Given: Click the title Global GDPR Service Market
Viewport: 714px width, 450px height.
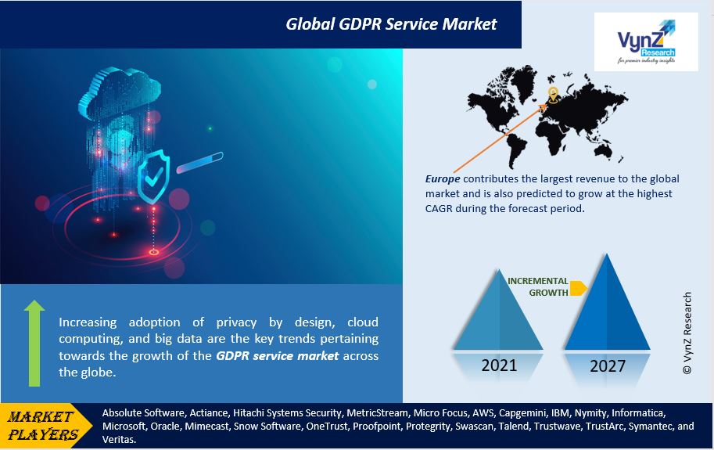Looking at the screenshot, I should click(390, 23).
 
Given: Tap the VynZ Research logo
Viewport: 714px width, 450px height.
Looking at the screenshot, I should click(645, 41).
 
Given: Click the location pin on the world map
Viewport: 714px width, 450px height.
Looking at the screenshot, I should click(553, 95).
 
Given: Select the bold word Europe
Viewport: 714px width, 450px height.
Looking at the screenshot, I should click(443, 179).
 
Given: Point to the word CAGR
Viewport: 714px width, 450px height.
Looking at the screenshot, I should click(441, 209).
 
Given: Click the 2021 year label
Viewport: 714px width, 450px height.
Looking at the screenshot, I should click(499, 365).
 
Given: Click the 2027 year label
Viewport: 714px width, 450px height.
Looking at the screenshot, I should click(606, 365).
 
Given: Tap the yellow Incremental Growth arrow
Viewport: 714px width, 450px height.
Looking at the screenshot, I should click(578, 287).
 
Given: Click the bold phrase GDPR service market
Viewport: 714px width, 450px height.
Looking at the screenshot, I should click(277, 356).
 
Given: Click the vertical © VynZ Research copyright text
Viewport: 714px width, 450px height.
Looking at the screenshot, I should click(688, 333).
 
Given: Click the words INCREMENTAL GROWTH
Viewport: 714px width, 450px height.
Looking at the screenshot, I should click(539, 286).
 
